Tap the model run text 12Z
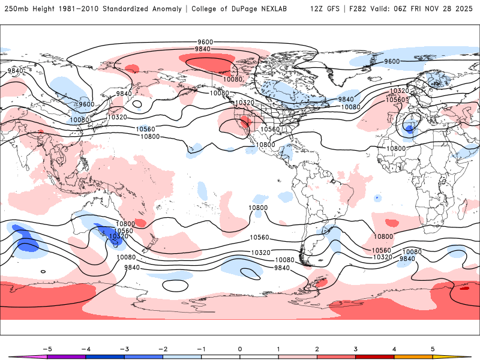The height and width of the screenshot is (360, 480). (x=317, y=9)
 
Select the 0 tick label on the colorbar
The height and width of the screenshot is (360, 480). (x=240, y=348)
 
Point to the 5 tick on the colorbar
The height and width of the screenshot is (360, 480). (x=433, y=348)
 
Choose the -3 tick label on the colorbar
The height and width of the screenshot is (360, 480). (x=124, y=348)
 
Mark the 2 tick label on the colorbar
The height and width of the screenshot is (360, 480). (x=317, y=348)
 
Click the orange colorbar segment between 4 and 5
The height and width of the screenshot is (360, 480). (x=413, y=356)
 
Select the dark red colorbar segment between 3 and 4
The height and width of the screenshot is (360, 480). (x=375, y=356)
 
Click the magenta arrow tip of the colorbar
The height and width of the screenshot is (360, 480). (x=13, y=356)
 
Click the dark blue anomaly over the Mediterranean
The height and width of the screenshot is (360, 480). (x=409, y=128)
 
